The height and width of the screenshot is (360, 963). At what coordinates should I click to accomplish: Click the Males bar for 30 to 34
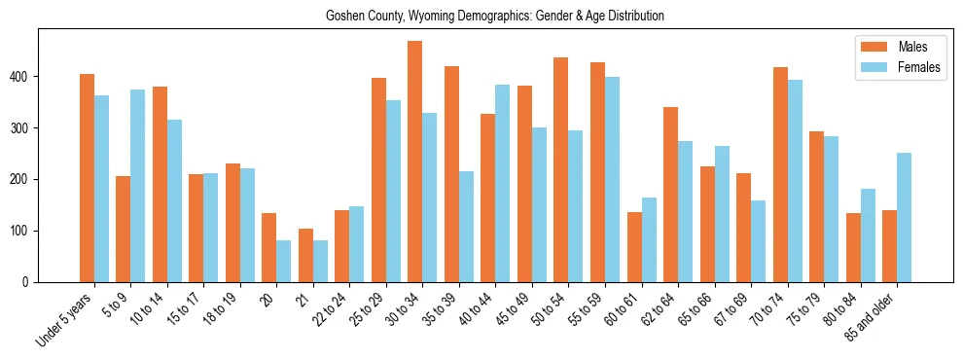tap(415, 162)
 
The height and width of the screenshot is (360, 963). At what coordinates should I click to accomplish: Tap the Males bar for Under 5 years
tap(87, 178)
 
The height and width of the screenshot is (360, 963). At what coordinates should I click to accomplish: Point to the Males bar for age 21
tap(305, 255)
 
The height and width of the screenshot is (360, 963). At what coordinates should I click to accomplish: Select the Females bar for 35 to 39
tap(466, 227)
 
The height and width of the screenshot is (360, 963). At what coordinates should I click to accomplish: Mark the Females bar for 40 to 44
tap(503, 183)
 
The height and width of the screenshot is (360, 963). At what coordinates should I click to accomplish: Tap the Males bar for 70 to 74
tap(780, 174)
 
